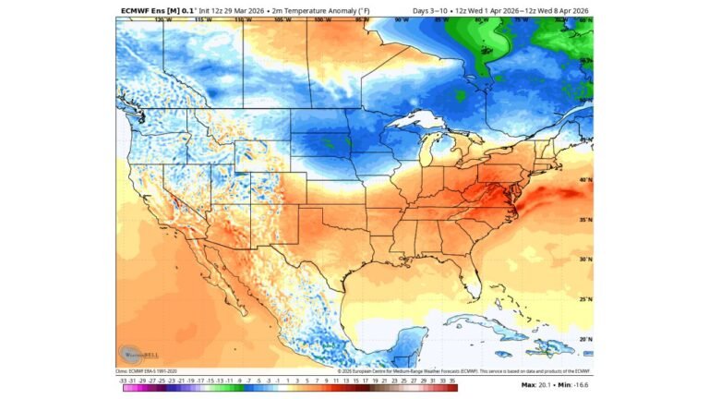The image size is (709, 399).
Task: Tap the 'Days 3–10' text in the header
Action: click(430, 10)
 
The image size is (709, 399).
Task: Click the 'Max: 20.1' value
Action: click(536, 383)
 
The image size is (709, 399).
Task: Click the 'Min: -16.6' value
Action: click(573, 383)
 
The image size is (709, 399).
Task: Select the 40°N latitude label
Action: click(585, 180)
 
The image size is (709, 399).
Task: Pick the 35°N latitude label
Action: click(585, 221)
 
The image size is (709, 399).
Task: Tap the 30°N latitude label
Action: click(585, 260)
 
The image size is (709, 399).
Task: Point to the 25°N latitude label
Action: click(585, 299)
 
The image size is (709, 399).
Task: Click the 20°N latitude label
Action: click(585, 339)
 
